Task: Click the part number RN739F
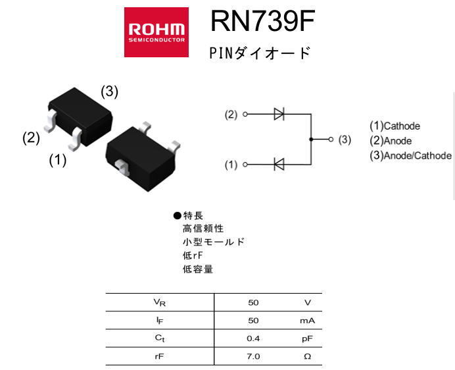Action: pyautogui.click(x=262, y=24)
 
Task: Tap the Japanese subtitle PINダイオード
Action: pyautogui.click(x=259, y=53)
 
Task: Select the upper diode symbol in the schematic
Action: pyautogui.click(x=279, y=114)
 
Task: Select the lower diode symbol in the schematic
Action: pyautogui.click(x=279, y=165)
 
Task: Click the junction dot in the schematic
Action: pyautogui.click(x=310, y=140)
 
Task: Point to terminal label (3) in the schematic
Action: pyautogui.click(x=345, y=140)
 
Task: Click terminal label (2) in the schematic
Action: pyautogui.click(x=231, y=115)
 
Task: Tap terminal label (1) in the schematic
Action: pyautogui.click(x=231, y=165)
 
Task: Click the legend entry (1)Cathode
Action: pyautogui.click(x=395, y=126)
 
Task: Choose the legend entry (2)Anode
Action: pyautogui.click(x=391, y=140)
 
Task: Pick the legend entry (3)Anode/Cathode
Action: pyautogui.click(x=410, y=155)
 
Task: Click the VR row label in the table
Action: pyautogui.click(x=159, y=303)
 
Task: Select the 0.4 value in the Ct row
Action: pyautogui.click(x=253, y=338)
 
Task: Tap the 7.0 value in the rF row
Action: pyautogui.click(x=253, y=356)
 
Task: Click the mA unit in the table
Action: pyautogui.click(x=307, y=321)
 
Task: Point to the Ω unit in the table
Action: pyautogui.click(x=307, y=356)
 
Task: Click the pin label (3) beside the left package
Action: pyautogui.click(x=109, y=92)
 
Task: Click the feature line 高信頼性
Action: pyautogui.click(x=203, y=228)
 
